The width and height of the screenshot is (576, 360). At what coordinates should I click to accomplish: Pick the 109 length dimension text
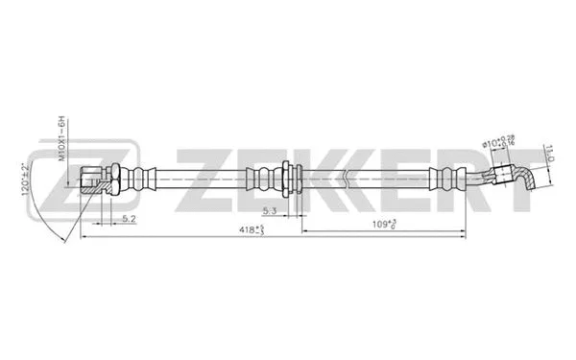pyautogui.click(x=384, y=225)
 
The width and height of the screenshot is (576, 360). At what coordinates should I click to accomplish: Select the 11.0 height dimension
pyautogui.click(x=548, y=152)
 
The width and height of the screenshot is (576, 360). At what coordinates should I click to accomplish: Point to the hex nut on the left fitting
pyautogui.click(x=113, y=178)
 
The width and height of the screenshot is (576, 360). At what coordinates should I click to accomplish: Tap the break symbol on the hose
pyautogui.click(x=343, y=178)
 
